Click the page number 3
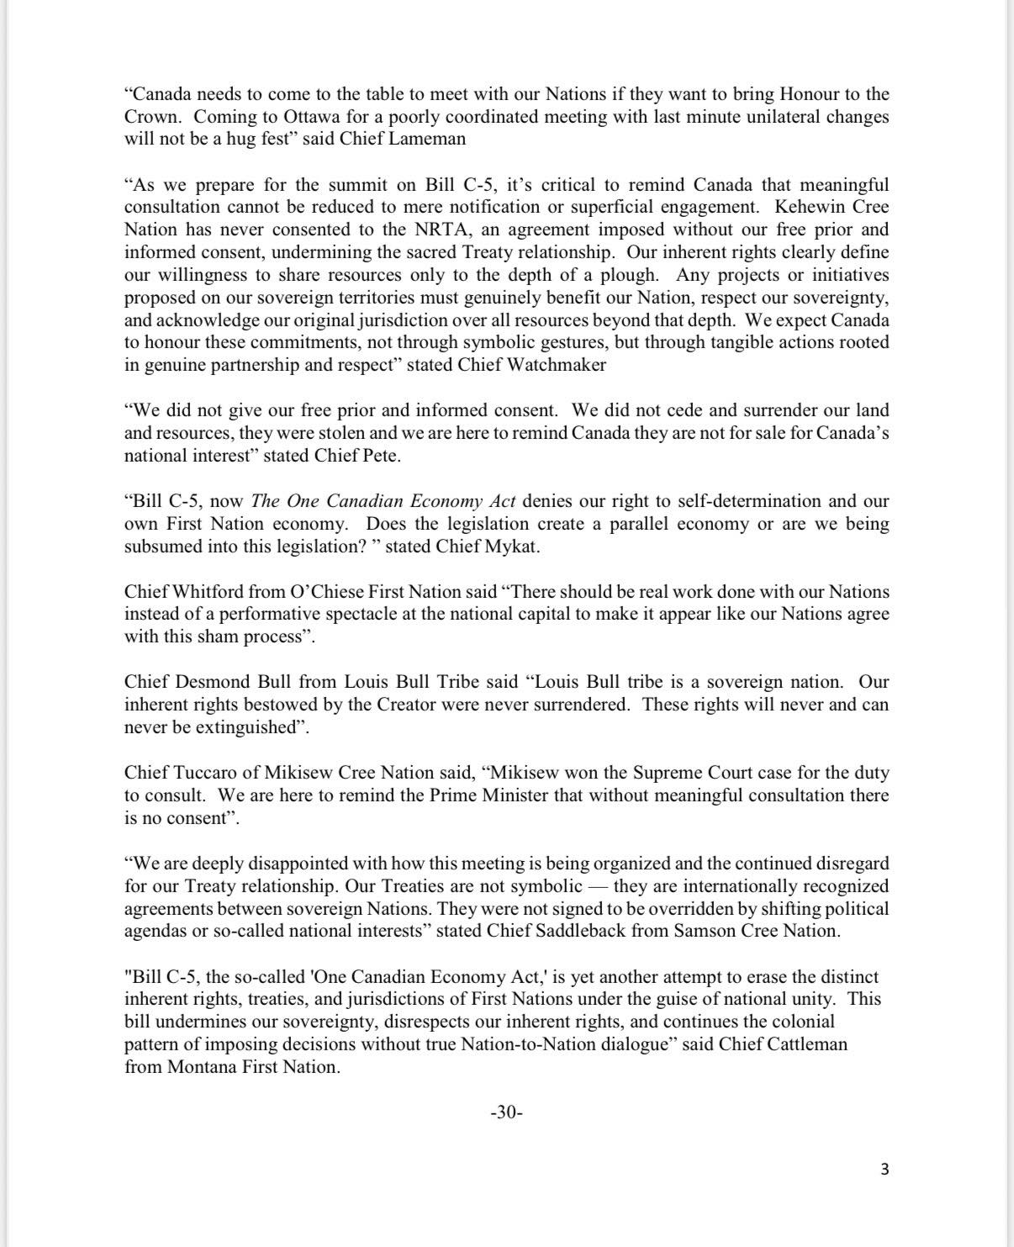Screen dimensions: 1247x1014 (x=884, y=1169)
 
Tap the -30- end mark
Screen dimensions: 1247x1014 (x=506, y=1112)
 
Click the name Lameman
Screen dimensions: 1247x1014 (x=428, y=139)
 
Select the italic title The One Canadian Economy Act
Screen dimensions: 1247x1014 (x=383, y=501)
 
